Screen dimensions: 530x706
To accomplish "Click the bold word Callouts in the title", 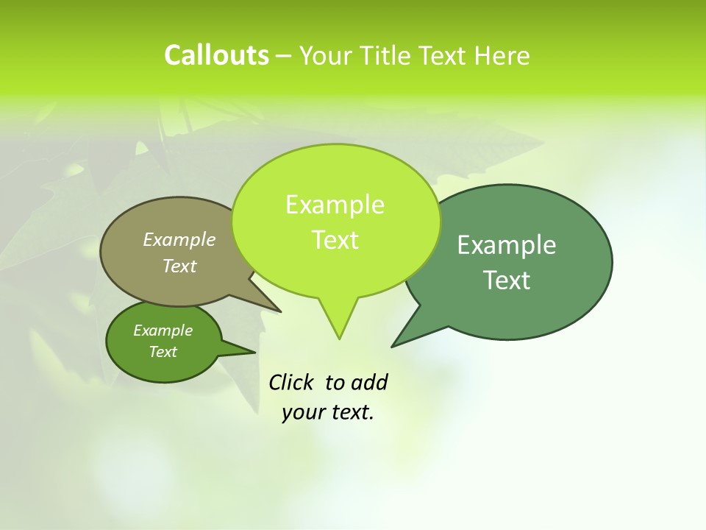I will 216,55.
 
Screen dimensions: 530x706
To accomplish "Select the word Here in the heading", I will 502,56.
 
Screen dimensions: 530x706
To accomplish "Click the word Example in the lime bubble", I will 335,205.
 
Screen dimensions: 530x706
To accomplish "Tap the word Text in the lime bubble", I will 335,240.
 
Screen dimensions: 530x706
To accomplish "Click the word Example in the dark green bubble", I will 507,245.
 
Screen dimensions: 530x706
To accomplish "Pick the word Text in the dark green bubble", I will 507,280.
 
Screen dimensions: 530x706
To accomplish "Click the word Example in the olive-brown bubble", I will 179,239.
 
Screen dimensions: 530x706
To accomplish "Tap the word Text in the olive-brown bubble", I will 179,266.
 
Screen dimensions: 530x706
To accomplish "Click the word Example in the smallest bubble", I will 163,331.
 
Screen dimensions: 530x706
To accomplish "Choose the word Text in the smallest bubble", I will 163,352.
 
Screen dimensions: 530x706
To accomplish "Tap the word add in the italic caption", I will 369,383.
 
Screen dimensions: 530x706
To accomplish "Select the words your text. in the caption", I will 328,412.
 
